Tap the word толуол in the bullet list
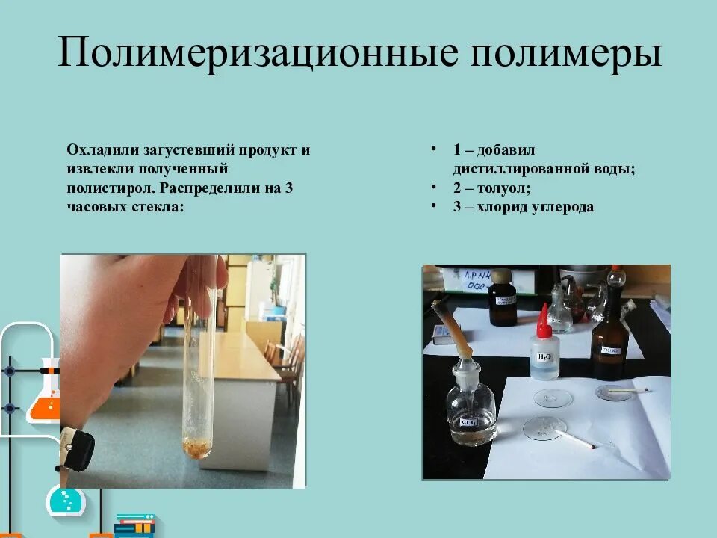[502, 188]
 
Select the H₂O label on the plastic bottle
[544, 356]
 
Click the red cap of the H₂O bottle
[544, 322]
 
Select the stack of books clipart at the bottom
[134, 525]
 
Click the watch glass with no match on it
[553, 397]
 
